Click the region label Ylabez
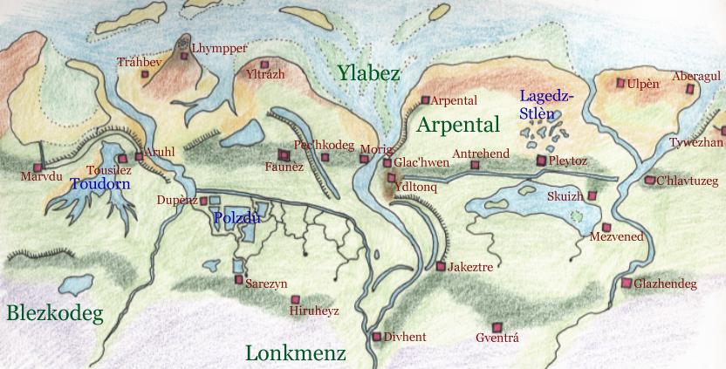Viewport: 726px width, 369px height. [x=369, y=73]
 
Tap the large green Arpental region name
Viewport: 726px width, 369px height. [x=458, y=124]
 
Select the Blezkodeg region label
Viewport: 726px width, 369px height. [x=54, y=314]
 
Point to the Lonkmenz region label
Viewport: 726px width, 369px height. [x=296, y=353]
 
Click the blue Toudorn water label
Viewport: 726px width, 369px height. [x=99, y=184]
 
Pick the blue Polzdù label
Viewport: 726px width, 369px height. [x=237, y=218]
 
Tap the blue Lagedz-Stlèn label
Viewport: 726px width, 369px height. [x=546, y=105]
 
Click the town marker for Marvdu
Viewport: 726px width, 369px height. [x=38, y=167]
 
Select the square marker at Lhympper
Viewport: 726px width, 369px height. [x=184, y=56]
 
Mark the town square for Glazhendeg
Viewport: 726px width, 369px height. [x=626, y=283]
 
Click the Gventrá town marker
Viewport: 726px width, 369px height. [x=496, y=325]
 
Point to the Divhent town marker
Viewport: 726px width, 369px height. [x=377, y=336]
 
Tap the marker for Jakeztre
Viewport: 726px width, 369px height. [x=441, y=266]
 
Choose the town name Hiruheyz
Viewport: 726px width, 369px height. [x=313, y=311]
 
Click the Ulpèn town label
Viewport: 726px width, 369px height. [x=644, y=83]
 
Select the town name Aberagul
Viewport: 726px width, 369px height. [x=695, y=77]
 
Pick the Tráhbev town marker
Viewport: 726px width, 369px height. [x=146, y=74]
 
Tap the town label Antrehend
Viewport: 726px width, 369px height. [x=481, y=154]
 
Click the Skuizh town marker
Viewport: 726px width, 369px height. [x=592, y=196]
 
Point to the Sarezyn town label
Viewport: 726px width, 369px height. [x=266, y=284]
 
